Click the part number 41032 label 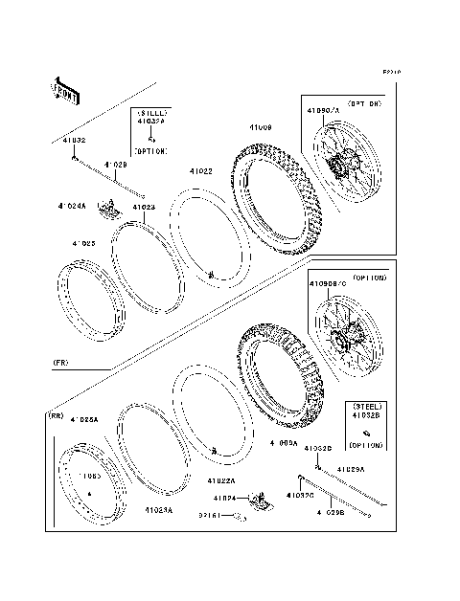[74, 141]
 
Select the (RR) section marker [57, 417]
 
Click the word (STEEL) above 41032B [367, 406]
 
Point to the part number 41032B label [367, 416]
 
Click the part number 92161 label [213, 516]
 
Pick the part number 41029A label [350, 470]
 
